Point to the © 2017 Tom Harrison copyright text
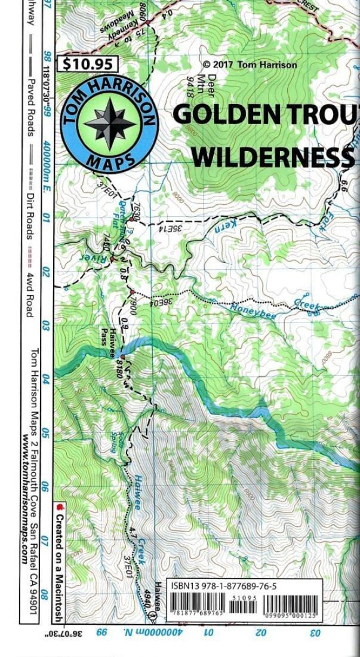coord(250,65)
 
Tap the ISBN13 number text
coord(223,586)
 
